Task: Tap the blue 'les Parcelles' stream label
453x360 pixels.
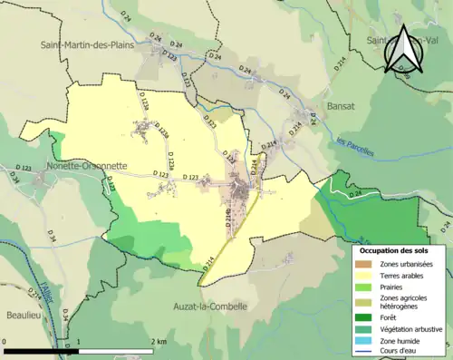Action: [x=354, y=146]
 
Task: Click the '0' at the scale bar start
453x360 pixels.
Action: [x=6, y=342]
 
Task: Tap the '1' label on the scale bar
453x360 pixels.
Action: [x=79, y=342]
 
